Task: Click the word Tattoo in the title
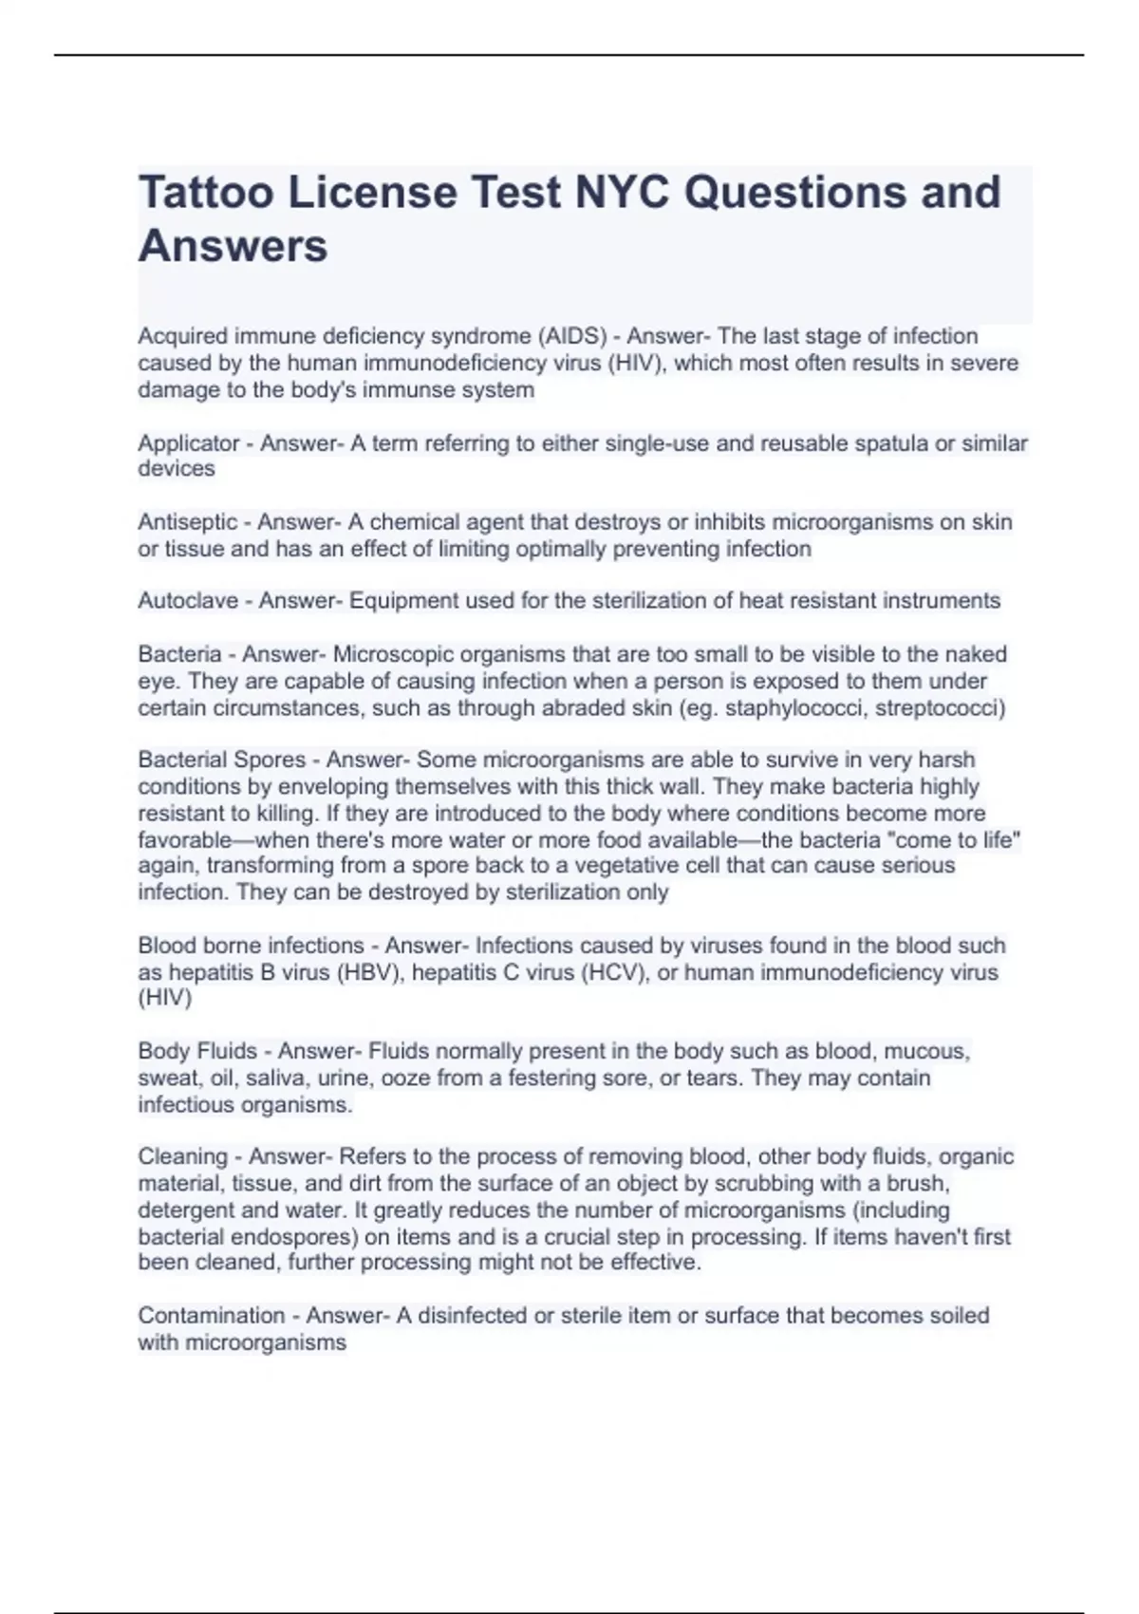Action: (206, 193)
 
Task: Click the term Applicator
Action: (189, 443)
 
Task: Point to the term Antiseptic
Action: (188, 522)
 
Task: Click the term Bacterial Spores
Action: (221, 760)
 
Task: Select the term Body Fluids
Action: (197, 1051)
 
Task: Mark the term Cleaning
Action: (182, 1156)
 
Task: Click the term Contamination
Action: (211, 1316)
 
